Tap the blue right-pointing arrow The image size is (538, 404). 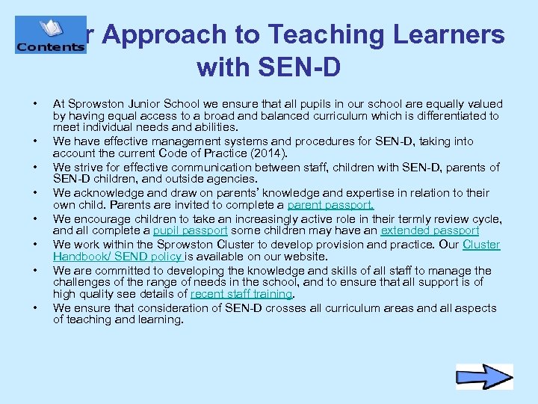click(x=484, y=376)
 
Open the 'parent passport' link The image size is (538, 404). click(x=330, y=205)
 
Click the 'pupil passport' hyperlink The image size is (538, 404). click(x=190, y=231)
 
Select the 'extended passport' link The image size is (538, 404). click(x=430, y=231)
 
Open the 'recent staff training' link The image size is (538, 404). click(x=241, y=294)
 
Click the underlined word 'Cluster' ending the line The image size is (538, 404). click(x=481, y=245)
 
